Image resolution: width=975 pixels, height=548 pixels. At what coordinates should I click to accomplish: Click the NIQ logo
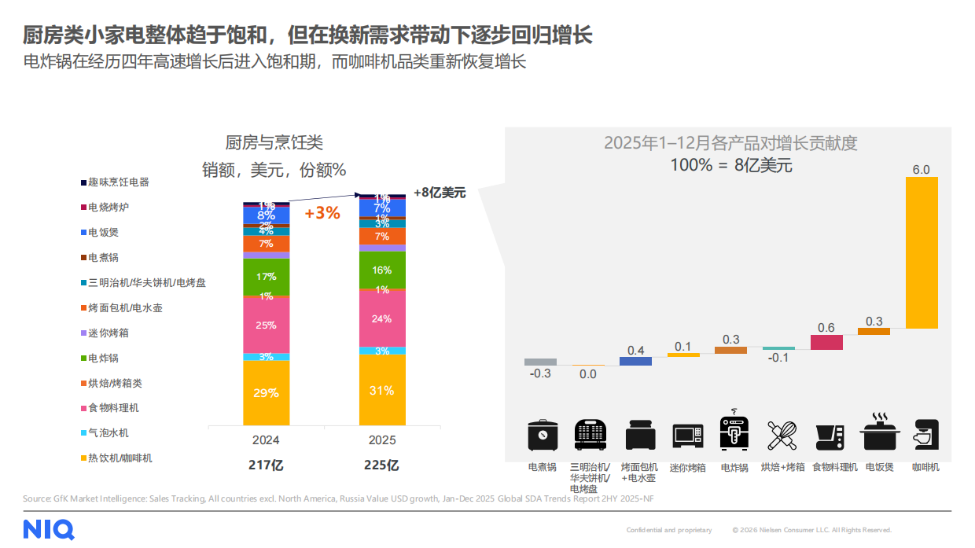point(49,529)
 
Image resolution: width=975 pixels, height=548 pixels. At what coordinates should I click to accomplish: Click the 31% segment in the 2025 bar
point(382,390)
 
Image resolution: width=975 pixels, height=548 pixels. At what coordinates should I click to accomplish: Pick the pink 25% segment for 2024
point(266,325)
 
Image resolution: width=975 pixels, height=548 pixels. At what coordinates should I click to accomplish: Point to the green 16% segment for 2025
point(382,270)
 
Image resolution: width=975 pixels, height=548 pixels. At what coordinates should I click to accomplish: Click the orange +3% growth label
point(322,213)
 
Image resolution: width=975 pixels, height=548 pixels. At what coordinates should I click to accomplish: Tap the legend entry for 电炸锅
point(103,358)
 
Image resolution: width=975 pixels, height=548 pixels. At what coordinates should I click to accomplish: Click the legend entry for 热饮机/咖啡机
point(120,458)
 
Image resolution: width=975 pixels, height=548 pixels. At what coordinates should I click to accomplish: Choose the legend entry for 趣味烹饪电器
point(118,182)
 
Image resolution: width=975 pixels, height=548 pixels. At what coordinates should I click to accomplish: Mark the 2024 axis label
point(266,440)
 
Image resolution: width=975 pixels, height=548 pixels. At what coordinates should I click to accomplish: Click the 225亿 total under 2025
point(382,465)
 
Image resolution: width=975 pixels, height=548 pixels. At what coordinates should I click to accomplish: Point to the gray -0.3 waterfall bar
point(540,362)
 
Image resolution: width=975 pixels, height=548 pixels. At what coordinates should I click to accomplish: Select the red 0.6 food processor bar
point(826,342)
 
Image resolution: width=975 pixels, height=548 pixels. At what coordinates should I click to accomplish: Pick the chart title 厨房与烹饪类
point(274,142)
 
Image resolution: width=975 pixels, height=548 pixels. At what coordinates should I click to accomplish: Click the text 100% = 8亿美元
point(730,166)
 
